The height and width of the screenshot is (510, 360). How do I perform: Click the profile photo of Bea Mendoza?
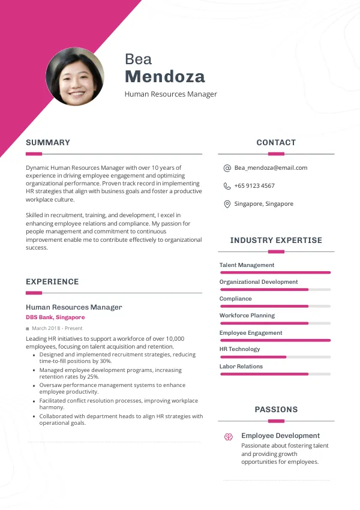coord(75,77)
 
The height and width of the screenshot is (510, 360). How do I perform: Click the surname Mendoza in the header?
coord(165,77)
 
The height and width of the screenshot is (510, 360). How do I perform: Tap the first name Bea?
coord(138,59)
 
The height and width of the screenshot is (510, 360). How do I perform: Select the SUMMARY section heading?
coord(48,143)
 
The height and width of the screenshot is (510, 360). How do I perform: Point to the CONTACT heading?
coord(276,143)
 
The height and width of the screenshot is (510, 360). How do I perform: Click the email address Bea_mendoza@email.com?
coord(271,168)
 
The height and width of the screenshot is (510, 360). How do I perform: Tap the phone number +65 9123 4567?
coord(254,186)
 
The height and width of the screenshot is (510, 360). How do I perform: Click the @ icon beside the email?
coord(227,168)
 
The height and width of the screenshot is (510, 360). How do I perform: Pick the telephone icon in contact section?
coord(227,186)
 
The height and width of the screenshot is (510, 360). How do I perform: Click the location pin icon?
coord(227,204)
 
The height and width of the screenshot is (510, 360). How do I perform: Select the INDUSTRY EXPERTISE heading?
coord(276,241)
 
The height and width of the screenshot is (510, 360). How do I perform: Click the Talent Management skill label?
coord(247,265)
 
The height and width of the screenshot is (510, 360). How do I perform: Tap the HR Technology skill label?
coord(239,349)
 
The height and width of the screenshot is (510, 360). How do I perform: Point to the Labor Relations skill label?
coord(241,367)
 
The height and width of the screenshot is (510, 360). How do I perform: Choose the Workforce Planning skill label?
coord(247,316)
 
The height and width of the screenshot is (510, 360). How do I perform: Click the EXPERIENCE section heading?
coord(52,282)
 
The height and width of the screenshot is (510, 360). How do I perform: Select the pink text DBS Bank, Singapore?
coord(55,317)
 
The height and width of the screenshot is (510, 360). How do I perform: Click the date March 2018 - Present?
coord(57,329)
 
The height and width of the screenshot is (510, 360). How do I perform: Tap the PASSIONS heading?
coord(276,410)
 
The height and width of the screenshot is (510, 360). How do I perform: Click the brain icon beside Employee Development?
coord(228,437)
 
